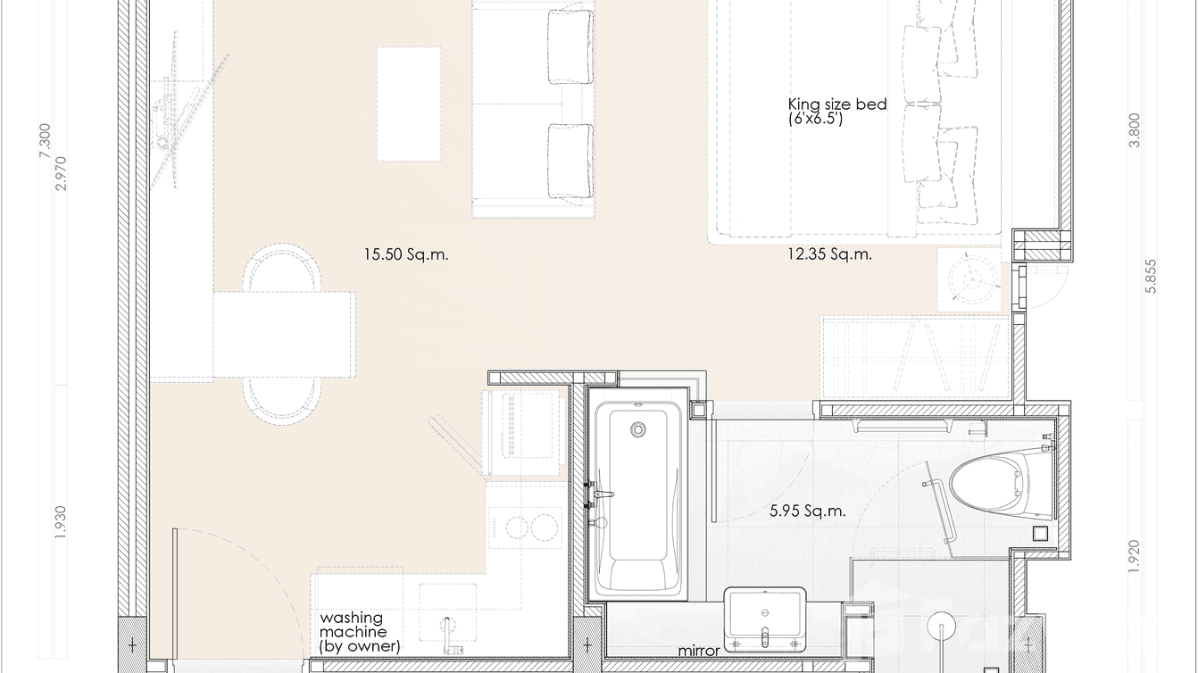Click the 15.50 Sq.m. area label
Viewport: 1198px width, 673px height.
(405, 254)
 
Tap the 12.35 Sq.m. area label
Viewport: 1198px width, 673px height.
(829, 254)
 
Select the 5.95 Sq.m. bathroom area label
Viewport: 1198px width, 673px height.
(808, 511)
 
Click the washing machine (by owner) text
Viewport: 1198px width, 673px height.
(360, 631)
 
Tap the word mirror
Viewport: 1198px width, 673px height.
(698, 652)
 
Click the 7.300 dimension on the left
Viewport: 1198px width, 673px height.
(46, 141)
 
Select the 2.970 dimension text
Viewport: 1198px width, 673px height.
(61, 174)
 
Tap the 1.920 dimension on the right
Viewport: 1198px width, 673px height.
(1135, 557)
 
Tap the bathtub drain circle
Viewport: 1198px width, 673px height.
(637, 429)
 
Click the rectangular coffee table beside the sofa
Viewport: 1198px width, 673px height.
(409, 104)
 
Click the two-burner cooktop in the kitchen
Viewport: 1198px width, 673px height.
(520, 526)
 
